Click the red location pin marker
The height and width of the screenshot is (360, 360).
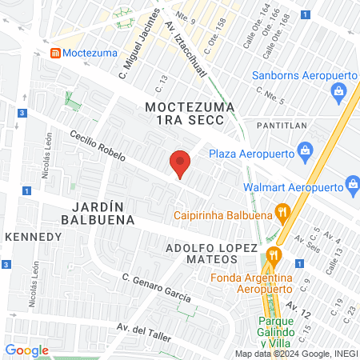tap(181, 164)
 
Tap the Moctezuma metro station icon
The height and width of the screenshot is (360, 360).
tap(55, 54)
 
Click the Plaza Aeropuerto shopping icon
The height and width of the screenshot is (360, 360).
tap(304, 150)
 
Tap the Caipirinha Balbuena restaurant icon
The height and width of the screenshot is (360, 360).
tap(281, 212)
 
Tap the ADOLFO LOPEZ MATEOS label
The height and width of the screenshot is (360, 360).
tap(212, 253)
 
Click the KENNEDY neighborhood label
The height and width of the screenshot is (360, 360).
tap(33, 237)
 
